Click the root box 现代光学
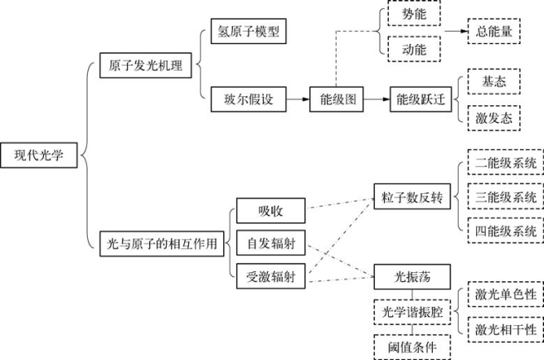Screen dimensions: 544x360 click(39, 155)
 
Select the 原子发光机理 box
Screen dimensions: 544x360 click(145, 66)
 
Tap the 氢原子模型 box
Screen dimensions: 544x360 click(249, 32)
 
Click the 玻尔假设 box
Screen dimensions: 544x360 click(249, 100)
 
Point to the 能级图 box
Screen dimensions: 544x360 click(337, 100)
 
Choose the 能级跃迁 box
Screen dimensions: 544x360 click(420, 100)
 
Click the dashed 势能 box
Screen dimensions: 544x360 click(415, 13)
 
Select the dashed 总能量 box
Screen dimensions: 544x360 click(494, 32)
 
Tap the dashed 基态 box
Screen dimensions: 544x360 click(494, 81)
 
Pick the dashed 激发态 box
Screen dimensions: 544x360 click(494, 119)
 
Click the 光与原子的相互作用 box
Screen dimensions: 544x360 click(162, 244)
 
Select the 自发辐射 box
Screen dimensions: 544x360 click(271, 243)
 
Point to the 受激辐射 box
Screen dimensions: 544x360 click(271, 276)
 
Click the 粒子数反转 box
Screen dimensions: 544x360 click(412, 197)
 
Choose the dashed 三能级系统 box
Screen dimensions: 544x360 click(506, 197)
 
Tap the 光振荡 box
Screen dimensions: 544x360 click(412, 277)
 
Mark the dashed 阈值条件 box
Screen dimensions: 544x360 click(412, 348)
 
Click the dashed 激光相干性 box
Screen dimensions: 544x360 click(506, 329)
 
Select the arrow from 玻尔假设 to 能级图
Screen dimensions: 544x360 click(298, 100)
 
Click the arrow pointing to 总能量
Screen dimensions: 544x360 click(456, 32)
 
